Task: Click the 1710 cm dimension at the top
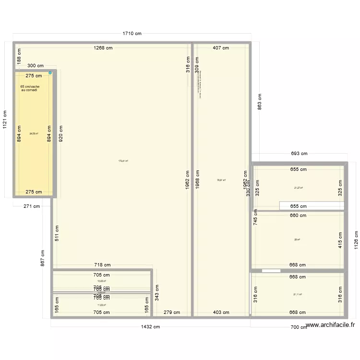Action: (x=132, y=34)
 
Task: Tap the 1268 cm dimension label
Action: (x=104, y=48)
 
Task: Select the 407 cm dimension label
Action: (x=221, y=48)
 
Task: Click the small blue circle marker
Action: (x=50, y=73)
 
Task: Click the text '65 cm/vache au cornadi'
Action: (x=30, y=88)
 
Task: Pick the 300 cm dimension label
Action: (x=35, y=66)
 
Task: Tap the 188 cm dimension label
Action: (x=19, y=60)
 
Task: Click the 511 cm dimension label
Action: (x=58, y=233)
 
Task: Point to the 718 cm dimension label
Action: (x=102, y=264)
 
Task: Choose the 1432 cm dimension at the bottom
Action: (x=150, y=327)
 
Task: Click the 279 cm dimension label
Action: (x=171, y=312)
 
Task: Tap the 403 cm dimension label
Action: (x=221, y=312)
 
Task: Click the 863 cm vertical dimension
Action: (x=259, y=101)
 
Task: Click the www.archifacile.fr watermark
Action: (x=331, y=325)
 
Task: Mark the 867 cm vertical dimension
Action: (x=43, y=258)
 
